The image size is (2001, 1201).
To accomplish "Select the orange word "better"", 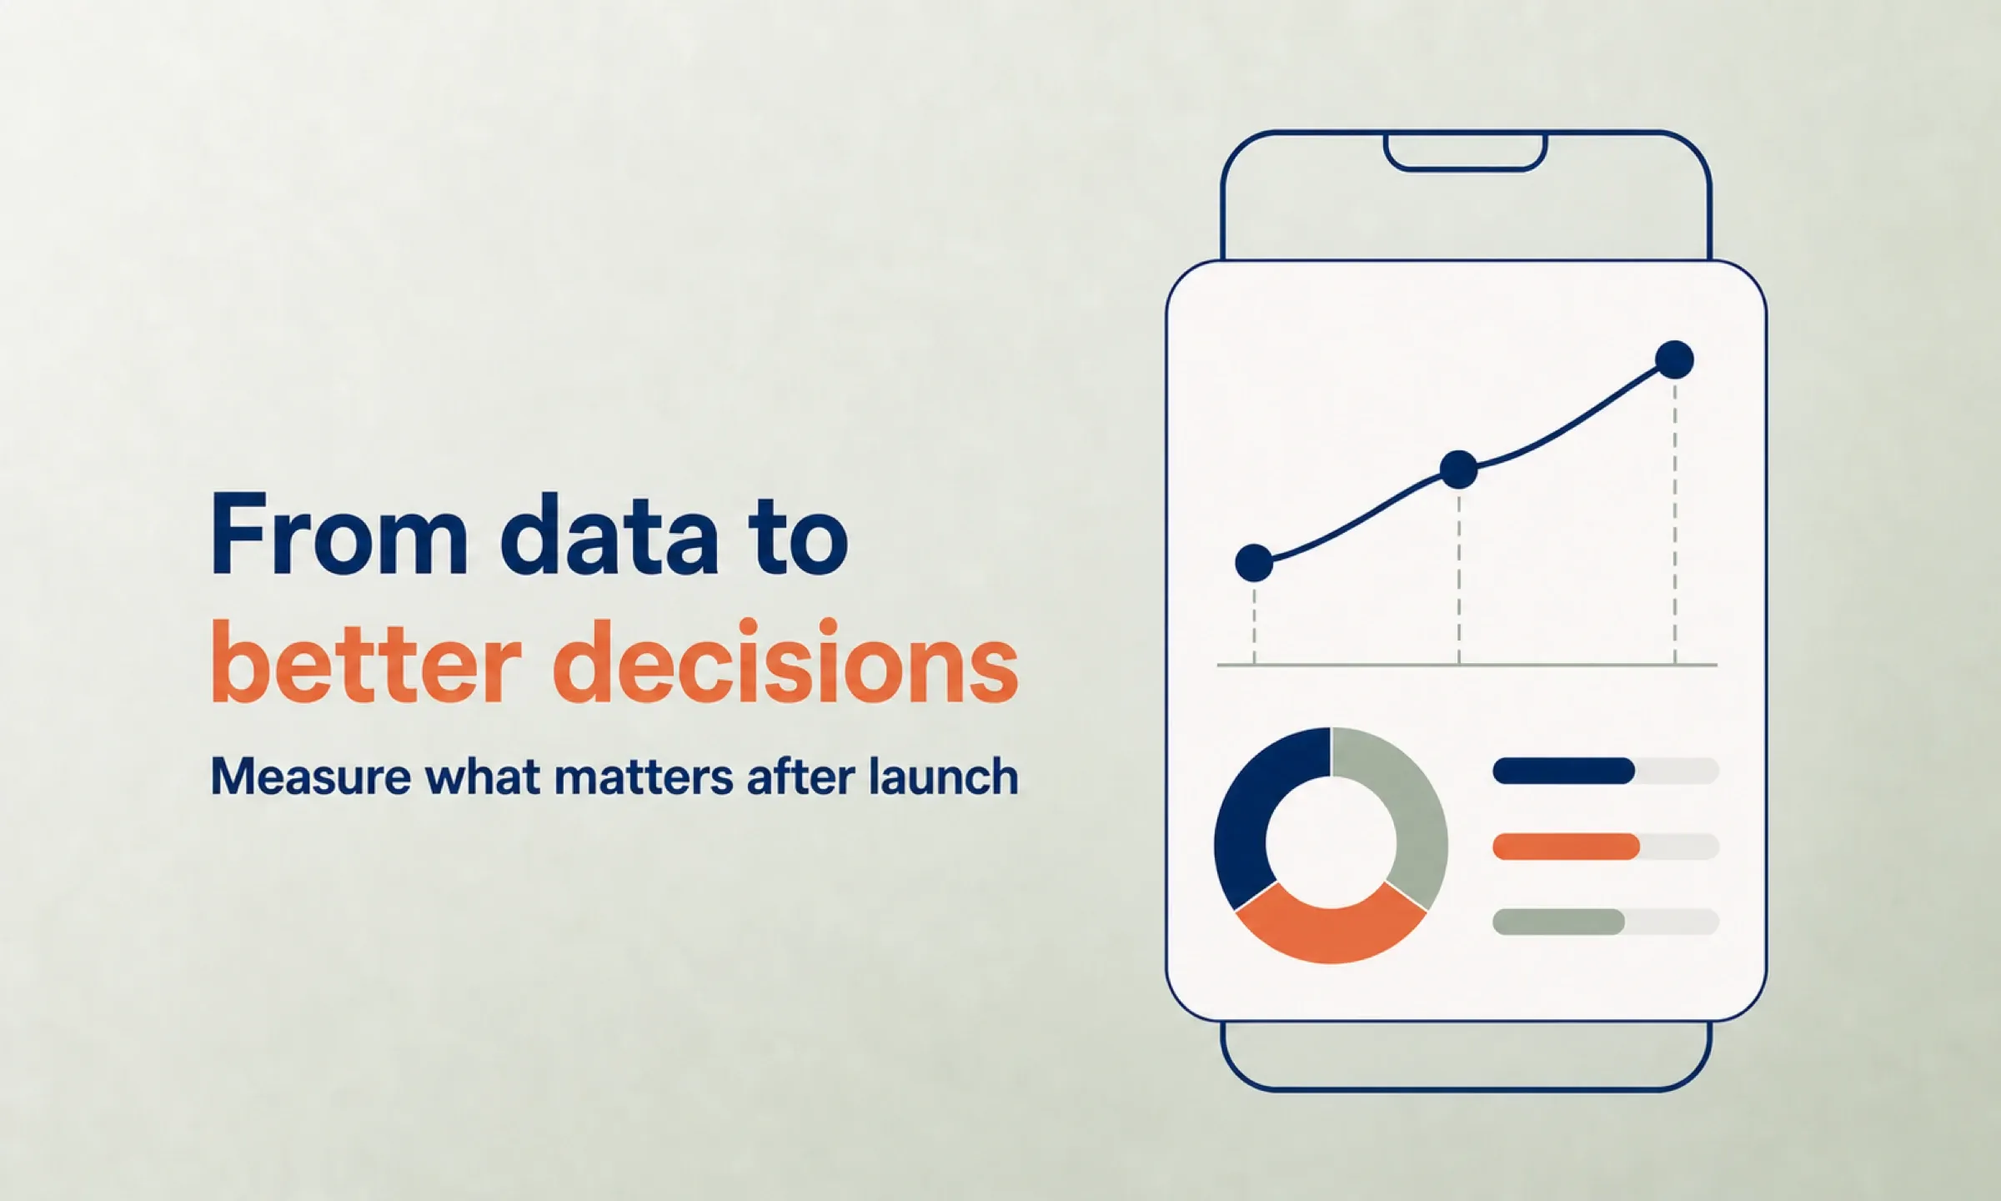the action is tap(366, 661).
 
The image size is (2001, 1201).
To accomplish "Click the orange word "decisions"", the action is tap(785, 661).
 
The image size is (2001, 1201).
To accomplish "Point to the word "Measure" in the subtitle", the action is tap(311, 776).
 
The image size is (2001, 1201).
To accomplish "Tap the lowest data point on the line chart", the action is tap(1254, 563).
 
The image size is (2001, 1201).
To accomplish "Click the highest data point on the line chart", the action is tap(1675, 360).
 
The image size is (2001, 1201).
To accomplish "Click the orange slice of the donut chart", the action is tap(1331, 931).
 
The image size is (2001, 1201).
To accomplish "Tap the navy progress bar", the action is tap(1563, 771).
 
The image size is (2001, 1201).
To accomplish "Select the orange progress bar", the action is tap(1567, 847).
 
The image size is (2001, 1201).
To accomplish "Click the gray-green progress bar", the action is tap(1558, 922).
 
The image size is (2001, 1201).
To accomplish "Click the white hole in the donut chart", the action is tap(1331, 842).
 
